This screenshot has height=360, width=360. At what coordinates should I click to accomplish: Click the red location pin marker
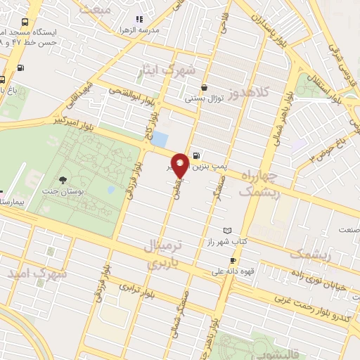(180, 164)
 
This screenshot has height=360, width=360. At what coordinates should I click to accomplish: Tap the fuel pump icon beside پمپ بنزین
(195, 155)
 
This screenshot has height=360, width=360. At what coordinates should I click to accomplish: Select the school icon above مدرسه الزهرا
(139, 19)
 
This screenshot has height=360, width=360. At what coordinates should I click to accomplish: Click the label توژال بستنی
(203, 99)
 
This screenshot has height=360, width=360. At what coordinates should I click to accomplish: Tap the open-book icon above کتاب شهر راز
(226, 230)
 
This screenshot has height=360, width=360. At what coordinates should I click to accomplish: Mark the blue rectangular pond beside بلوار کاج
(160, 139)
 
